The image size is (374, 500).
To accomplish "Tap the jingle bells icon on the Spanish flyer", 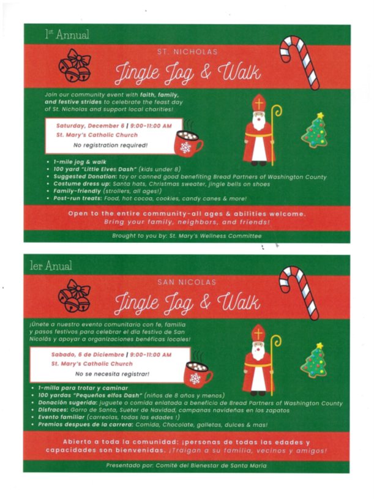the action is click(x=75, y=296).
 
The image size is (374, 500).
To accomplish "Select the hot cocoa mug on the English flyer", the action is click(x=188, y=142).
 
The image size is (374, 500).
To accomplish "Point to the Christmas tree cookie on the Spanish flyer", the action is click(x=315, y=360).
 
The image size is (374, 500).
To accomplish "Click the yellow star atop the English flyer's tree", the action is click(x=320, y=116).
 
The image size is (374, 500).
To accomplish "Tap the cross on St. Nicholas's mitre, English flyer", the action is click(x=258, y=104).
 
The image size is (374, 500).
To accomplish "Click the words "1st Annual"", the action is click(x=67, y=34).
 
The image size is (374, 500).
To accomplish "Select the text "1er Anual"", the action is click(x=51, y=266).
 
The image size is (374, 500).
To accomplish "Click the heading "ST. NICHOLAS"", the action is click(x=187, y=51).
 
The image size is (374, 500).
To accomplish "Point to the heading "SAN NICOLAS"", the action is click(x=187, y=282).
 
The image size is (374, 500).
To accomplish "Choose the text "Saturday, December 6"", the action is click(x=90, y=125).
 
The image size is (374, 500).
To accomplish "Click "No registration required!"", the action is click(x=110, y=146).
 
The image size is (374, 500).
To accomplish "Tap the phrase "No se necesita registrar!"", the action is click(x=112, y=374).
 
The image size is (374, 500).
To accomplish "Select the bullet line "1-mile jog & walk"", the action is click(x=80, y=162).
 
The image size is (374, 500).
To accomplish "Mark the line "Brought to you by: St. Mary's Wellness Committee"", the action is click(x=187, y=236).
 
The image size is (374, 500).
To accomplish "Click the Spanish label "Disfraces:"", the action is click(x=53, y=410).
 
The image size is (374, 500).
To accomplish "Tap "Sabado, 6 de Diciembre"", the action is click(x=88, y=354).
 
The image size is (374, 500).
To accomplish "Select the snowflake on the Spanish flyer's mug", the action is click(x=195, y=378).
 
